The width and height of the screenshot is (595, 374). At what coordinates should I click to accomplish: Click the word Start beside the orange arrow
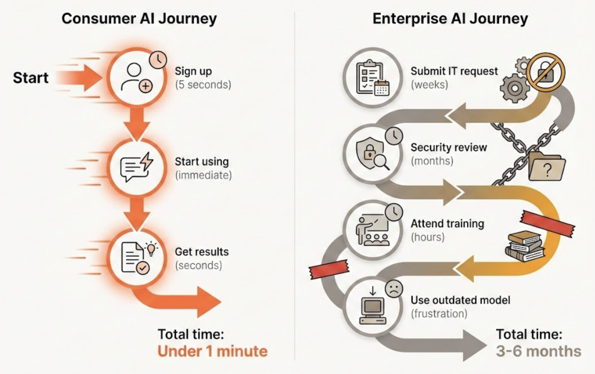[31, 78]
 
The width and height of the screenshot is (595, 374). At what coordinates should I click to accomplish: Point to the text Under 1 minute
[212, 351]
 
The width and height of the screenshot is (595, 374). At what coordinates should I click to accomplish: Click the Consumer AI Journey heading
[139, 18]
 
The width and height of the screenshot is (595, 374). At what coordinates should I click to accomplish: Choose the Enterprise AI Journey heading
[450, 18]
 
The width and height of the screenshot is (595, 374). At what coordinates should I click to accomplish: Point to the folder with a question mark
[546, 167]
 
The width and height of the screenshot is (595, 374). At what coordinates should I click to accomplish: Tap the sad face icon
[394, 289]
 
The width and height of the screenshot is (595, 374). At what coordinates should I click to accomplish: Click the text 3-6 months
[538, 351]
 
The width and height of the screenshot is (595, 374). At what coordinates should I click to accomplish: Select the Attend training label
[447, 224]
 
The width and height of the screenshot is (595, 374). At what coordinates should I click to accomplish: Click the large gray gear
[514, 88]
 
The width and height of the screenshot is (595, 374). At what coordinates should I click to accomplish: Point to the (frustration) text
[439, 314]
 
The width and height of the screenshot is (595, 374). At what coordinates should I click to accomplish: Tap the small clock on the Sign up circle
[158, 60]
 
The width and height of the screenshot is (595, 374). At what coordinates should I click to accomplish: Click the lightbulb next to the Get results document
[151, 249]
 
